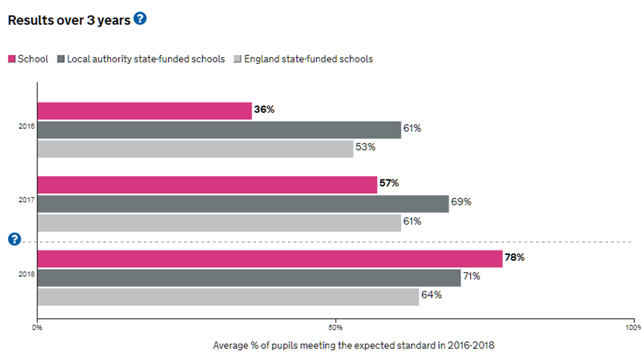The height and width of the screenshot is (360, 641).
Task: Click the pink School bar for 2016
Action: [144, 111]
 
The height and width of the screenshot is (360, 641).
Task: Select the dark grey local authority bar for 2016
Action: [219, 130]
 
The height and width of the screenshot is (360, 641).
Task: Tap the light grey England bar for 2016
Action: [195, 149]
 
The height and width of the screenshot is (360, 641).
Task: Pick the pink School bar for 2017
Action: [207, 185]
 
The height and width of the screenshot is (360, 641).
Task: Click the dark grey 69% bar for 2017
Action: [243, 204]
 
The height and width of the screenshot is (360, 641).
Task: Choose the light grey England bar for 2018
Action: [228, 297]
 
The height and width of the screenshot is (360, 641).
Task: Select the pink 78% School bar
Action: [270, 259]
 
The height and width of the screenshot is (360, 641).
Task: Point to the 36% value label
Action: [264, 109]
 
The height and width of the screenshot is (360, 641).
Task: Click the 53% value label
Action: [365, 147]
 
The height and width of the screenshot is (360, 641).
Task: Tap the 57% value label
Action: [389, 183]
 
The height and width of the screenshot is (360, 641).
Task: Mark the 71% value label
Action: [471, 276]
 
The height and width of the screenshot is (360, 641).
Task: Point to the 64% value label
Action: [431, 295]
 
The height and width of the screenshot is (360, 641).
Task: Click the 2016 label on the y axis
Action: [27, 127]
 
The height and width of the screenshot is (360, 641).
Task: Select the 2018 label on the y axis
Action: [27, 274]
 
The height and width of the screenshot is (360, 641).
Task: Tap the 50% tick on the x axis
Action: [336, 328]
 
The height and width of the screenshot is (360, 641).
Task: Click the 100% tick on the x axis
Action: [633, 328]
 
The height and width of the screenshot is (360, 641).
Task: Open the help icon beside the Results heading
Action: [140, 19]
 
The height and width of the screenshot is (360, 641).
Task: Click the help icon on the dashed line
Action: [14, 239]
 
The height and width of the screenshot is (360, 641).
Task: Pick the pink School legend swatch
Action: [12, 59]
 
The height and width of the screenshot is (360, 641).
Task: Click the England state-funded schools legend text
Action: [308, 59]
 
